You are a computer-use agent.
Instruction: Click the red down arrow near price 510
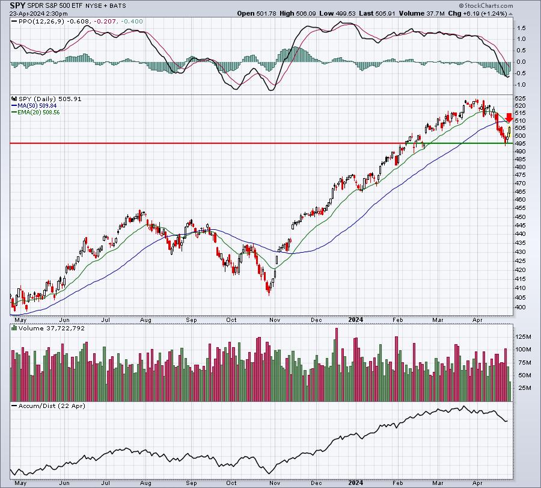point(509,117)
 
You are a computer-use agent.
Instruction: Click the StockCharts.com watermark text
point(486,5)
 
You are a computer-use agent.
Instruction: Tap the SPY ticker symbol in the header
point(17,5)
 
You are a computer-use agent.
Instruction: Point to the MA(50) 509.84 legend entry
point(34,106)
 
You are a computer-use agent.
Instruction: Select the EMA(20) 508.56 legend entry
point(35,113)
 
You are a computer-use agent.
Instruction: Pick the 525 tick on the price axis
point(520,99)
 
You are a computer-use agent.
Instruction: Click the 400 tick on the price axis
point(520,307)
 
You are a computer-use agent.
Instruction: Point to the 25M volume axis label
point(523,388)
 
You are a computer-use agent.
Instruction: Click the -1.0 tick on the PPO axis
point(521,85)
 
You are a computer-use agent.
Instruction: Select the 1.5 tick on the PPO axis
point(521,28)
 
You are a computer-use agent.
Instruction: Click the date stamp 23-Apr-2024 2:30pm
point(38,13)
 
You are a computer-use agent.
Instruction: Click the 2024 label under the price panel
point(356,320)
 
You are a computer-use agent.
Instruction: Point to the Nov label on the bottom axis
point(274,483)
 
